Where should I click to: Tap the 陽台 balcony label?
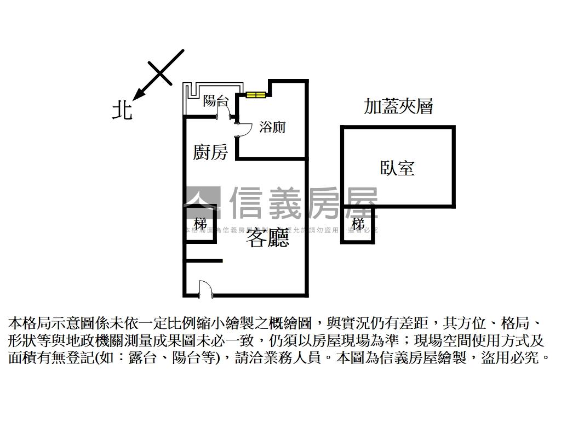pos(215,100)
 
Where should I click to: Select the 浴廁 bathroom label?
pos(272,127)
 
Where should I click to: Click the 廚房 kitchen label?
pos(210,152)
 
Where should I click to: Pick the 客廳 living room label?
pos(267,238)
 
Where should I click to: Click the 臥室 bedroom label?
pos(398,167)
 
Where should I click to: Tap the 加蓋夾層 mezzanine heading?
pos(398,106)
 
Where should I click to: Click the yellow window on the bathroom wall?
pos(256,95)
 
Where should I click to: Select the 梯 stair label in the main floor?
pos(200,224)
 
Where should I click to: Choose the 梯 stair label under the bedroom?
pos(358,224)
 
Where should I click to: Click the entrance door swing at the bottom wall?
pos(204,288)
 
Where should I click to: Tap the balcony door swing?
pos(224,111)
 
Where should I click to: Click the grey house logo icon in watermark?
pos(202,203)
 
